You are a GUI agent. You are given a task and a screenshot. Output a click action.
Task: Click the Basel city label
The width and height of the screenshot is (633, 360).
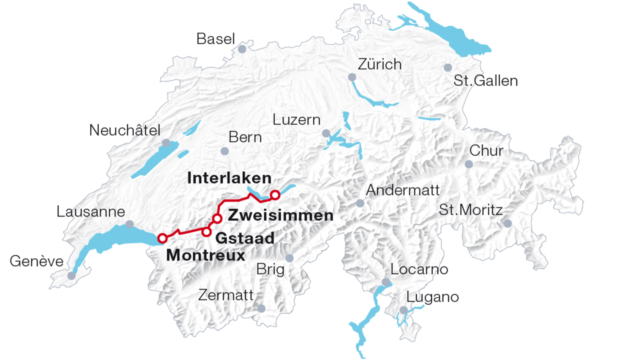click(x=215, y=39)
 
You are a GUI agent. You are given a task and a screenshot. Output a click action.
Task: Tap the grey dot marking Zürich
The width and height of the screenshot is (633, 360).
click(x=352, y=77)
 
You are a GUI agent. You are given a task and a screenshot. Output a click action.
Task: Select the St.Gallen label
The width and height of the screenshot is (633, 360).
click(x=485, y=81)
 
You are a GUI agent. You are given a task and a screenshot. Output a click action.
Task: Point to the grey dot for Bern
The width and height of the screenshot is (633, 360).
click(x=225, y=151)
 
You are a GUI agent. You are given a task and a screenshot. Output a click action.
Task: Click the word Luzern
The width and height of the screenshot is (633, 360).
click(x=296, y=120)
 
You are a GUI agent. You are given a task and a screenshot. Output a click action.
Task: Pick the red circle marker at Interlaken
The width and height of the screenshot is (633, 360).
click(x=275, y=195)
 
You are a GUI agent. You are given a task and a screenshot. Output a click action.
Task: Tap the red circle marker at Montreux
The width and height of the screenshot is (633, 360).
click(x=162, y=238)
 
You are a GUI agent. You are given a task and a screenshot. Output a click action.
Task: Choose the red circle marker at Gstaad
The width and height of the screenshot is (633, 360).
click(x=206, y=232)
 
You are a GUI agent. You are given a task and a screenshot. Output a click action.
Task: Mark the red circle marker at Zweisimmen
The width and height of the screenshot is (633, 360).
click(x=217, y=219)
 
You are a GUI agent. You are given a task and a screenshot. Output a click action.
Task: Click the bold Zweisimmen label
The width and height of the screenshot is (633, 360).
click(x=281, y=215)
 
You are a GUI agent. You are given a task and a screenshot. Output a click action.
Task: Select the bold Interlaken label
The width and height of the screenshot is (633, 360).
click(x=229, y=178)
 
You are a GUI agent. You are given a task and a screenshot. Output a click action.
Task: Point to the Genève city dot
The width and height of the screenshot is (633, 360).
click(x=72, y=276)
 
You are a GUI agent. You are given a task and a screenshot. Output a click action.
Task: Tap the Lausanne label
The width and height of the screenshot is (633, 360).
click(x=91, y=211)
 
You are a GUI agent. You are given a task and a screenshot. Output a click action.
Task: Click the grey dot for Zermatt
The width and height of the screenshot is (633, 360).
click(x=261, y=309)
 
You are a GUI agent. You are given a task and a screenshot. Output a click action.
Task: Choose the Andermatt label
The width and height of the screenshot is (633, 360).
click(x=403, y=190)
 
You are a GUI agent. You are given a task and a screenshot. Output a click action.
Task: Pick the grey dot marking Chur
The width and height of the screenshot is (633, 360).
click(x=469, y=164)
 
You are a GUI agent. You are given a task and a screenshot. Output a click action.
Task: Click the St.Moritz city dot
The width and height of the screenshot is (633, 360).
click(x=508, y=224)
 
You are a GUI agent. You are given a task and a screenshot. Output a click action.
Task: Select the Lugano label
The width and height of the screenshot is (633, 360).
click(x=432, y=297)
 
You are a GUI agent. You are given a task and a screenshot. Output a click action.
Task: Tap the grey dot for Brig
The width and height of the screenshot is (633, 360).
click(x=289, y=258)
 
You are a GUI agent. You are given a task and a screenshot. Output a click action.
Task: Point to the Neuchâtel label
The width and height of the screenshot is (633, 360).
click(x=124, y=130)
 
